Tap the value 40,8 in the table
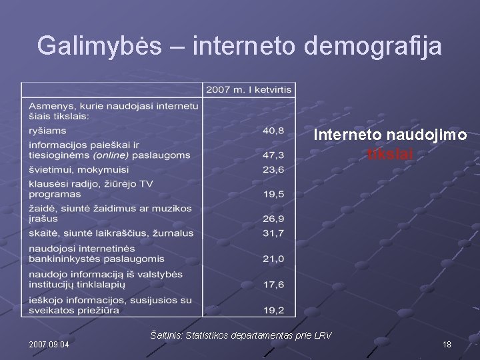(273, 130)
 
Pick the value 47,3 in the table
(273, 155)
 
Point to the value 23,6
(273, 169)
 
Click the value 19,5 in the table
(273, 194)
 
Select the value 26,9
(273, 219)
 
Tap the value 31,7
(273, 233)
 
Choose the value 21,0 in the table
(273, 258)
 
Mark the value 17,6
(273, 284)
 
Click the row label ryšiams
(43, 130)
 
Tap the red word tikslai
(391, 154)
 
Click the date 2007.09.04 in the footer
(53, 345)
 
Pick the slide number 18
(447, 345)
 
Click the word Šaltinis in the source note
(169, 334)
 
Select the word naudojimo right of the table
(433, 135)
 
